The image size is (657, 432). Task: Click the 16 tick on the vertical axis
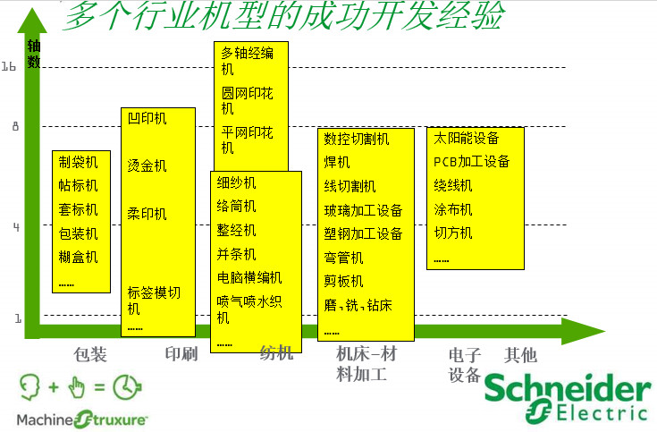tap(8, 66)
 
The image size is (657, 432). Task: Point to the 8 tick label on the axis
tap(15, 126)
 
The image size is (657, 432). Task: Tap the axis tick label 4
tap(16, 227)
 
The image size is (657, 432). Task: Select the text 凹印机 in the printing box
tap(147, 118)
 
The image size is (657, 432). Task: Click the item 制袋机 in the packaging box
tap(78, 162)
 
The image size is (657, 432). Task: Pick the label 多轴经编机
tap(248, 61)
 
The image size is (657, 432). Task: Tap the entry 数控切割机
tap(357, 139)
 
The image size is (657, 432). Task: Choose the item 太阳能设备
tap(467, 138)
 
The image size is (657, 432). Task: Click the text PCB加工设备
tap(471, 162)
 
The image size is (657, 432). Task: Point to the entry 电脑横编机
tap(249, 277)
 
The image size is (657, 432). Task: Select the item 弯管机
tap(343, 258)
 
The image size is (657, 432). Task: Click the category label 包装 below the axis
tap(90, 354)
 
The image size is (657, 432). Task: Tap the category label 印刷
tap(181, 354)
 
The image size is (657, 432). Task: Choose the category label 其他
tap(520, 355)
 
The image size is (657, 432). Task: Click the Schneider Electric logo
tap(568, 397)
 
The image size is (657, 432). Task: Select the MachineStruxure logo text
tap(81, 419)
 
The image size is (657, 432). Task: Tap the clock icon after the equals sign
tap(127, 386)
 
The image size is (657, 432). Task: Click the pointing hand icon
tap(77, 387)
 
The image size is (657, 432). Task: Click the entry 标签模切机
tap(154, 301)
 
